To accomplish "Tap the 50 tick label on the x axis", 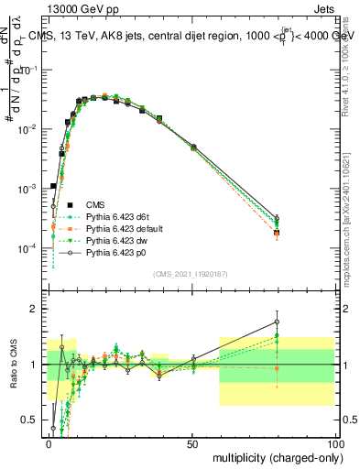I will [x=192, y=442].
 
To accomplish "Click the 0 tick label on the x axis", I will [x=49, y=442].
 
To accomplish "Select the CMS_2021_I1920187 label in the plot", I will [x=190, y=273].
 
